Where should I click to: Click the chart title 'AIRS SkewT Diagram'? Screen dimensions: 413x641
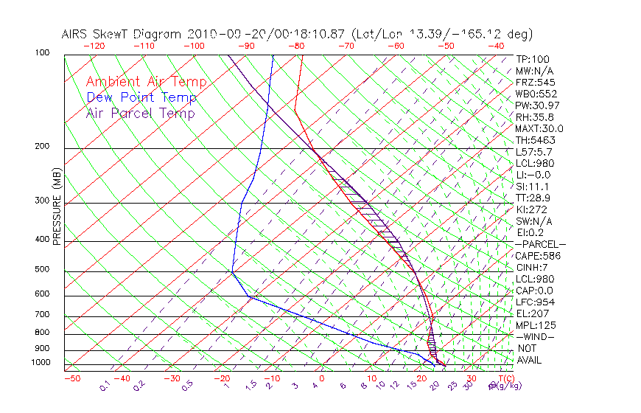(x=122, y=35)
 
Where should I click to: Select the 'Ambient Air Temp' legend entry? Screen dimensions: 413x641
(x=146, y=82)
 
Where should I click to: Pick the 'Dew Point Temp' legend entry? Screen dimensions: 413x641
(x=141, y=97)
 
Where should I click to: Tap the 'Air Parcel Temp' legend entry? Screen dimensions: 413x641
(x=140, y=113)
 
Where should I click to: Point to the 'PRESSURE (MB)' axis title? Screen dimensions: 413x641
(x=57, y=206)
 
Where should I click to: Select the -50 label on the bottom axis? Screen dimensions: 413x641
(x=71, y=378)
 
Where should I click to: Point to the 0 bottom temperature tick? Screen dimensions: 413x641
(x=323, y=378)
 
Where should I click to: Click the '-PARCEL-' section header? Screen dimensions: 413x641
(x=540, y=244)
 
